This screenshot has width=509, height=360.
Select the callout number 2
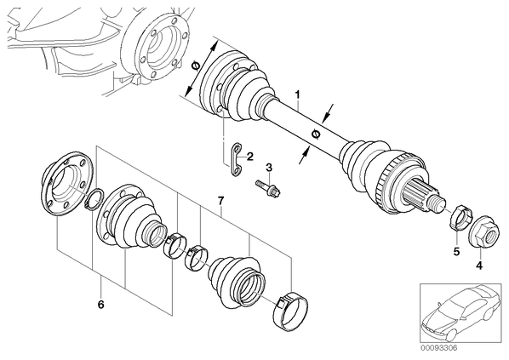(249, 157)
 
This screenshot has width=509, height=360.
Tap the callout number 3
(269, 168)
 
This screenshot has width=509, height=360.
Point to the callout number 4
(479, 266)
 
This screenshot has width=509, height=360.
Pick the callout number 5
(457, 251)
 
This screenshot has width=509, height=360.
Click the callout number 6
(100, 305)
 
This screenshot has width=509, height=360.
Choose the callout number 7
(220, 201)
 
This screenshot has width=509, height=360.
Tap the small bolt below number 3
(268, 188)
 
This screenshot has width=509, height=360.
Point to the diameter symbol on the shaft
(315, 134)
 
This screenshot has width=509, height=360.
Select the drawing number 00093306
(439, 348)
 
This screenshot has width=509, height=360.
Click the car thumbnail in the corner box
(461, 312)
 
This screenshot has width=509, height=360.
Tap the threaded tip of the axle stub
(438, 203)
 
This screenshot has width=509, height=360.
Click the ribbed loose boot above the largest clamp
(237, 281)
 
